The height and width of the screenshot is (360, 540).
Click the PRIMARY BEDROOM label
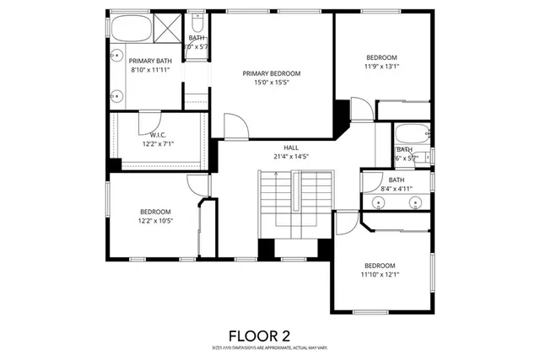[271, 73]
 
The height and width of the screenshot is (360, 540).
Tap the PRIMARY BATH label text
[150, 61]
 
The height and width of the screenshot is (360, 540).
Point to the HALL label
[291, 147]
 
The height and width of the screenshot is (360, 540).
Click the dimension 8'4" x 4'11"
[397, 189]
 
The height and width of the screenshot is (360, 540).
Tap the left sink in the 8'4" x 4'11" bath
[373, 201]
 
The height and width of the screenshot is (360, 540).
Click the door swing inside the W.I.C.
[148, 121]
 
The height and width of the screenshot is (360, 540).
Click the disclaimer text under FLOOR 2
[270, 347]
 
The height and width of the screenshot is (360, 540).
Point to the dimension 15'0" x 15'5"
[271, 83]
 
